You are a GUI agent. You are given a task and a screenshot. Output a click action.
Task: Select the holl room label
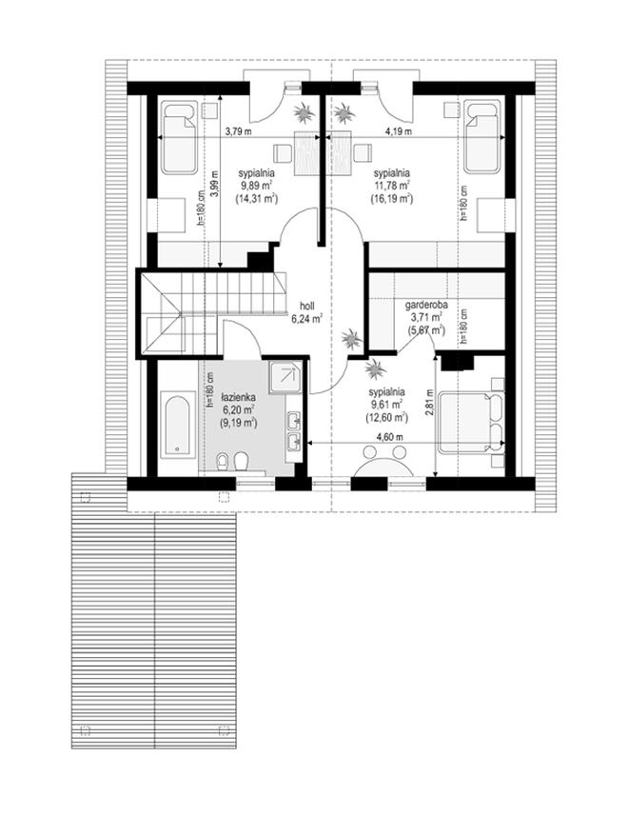tap(307, 306)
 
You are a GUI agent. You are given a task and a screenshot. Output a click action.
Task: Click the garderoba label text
tap(426, 306)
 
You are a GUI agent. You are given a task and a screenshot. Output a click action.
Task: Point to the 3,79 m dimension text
tap(238, 131)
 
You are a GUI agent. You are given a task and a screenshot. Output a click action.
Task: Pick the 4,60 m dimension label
tap(389, 437)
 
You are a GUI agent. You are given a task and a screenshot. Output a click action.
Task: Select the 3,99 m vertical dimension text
tap(215, 184)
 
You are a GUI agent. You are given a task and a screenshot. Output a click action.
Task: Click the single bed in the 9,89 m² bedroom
tap(179, 138)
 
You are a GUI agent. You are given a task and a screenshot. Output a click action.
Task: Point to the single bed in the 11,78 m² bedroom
tap(482, 137)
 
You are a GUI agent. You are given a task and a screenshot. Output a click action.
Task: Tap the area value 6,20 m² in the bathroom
tap(238, 409)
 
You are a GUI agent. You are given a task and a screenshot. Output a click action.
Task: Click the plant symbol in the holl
tap(351, 339)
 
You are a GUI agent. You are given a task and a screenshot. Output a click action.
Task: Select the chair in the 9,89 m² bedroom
tap(283, 153)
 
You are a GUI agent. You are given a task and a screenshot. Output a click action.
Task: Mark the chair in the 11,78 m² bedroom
tap(363, 153)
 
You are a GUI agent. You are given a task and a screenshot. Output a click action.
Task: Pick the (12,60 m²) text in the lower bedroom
tap(386, 417)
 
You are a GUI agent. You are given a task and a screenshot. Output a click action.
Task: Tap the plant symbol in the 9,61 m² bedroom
tap(375, 368)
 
